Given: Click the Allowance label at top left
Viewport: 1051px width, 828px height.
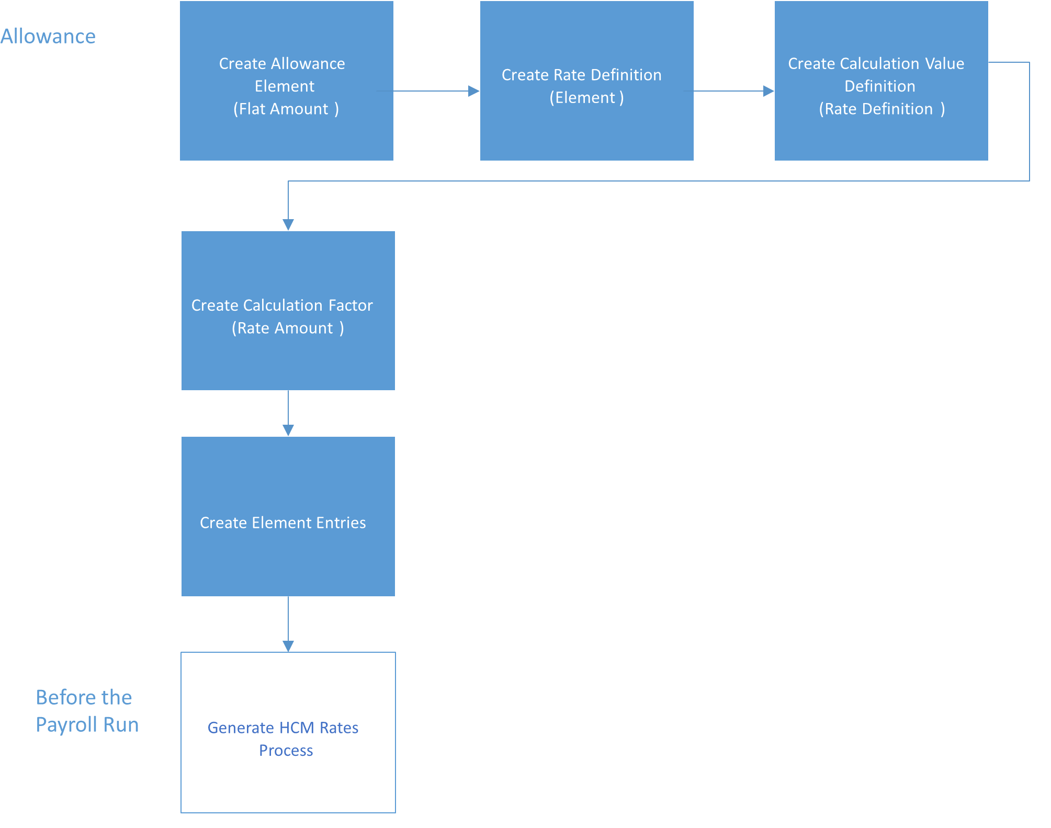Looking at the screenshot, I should click(48, 36).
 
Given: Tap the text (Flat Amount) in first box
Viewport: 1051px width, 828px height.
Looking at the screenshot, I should click(286, 109).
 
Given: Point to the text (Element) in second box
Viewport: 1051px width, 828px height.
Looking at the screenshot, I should click(586, 98).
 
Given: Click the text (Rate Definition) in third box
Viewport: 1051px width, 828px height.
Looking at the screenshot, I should click(882, 109).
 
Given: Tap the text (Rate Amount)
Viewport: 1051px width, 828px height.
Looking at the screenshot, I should click(288, 328).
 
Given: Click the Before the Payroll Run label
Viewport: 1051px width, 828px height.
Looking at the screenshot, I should click(87, 711).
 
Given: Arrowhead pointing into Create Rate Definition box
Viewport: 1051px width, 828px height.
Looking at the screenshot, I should click(474, 91).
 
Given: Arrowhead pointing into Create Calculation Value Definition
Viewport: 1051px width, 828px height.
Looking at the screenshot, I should click(769, 91).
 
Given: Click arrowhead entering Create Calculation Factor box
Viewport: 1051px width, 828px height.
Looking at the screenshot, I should click(288, 225).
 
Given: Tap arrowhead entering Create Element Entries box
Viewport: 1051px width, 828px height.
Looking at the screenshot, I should click(288, 430).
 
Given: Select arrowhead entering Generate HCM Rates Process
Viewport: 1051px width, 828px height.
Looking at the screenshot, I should click(288, 646).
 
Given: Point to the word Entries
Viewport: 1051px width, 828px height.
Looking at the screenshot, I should click(342, 523).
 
